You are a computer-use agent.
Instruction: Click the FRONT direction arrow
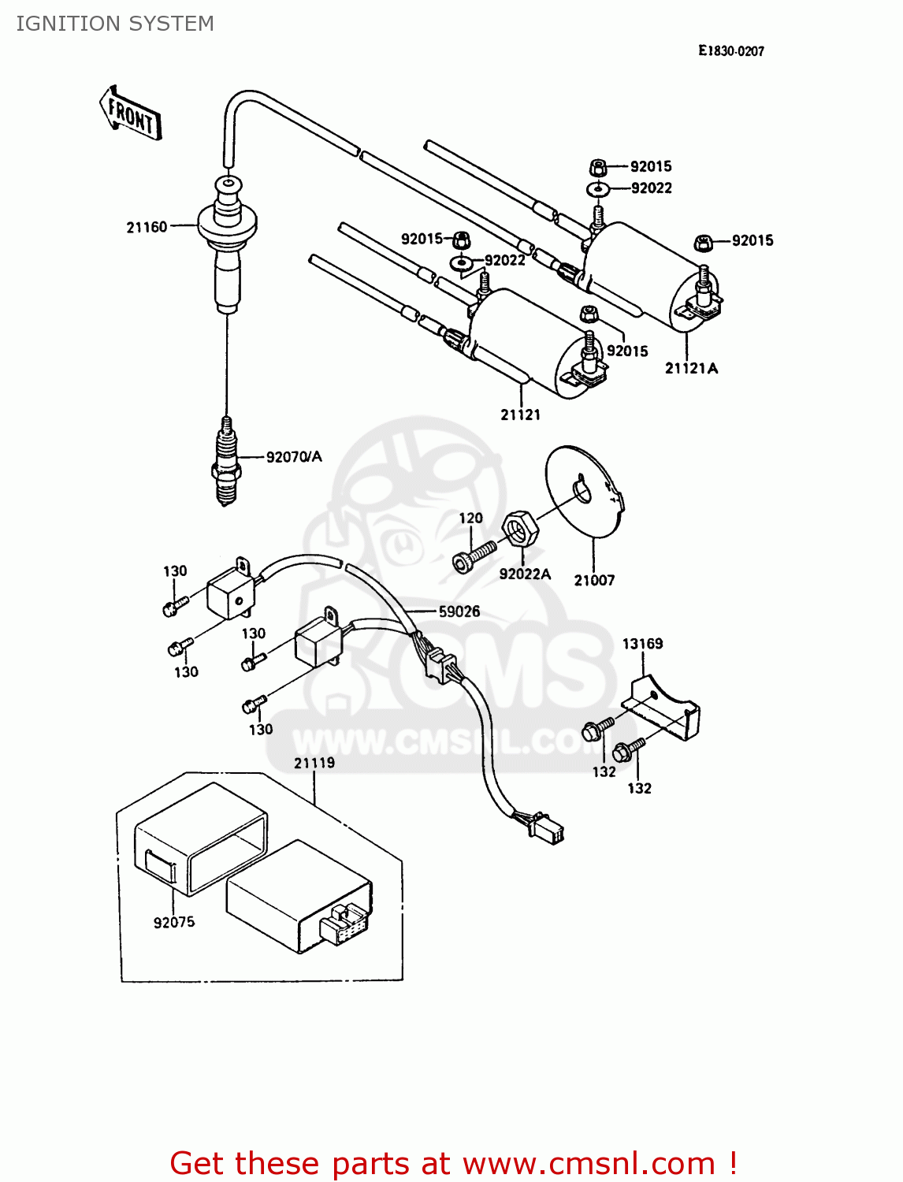click(131, 114)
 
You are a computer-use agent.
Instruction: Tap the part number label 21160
click(147, 228)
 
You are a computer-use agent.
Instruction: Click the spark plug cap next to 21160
click(227, 236)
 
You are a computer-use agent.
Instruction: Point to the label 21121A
click(691, 369)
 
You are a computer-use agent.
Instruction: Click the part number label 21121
click(520, 414)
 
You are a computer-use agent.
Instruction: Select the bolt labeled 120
click(475, 556)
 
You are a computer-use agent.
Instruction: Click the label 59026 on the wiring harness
click(459, 611)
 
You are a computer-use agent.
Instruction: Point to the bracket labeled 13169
click(662, 709)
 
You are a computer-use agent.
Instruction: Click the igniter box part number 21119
click(314, 763)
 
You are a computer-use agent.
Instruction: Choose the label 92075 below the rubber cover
click(173, 922)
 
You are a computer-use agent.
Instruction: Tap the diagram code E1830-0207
click(730, 51)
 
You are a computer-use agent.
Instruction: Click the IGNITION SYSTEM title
click(115, 24)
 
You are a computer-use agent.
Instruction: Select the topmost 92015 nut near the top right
click(597, 167)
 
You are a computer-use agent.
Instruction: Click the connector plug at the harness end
click(546, 827)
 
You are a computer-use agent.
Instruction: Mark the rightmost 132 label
click(639, 788)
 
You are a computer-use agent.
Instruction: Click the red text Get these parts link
click(453, 1163)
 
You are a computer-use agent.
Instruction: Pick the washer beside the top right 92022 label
click(598, 189)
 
